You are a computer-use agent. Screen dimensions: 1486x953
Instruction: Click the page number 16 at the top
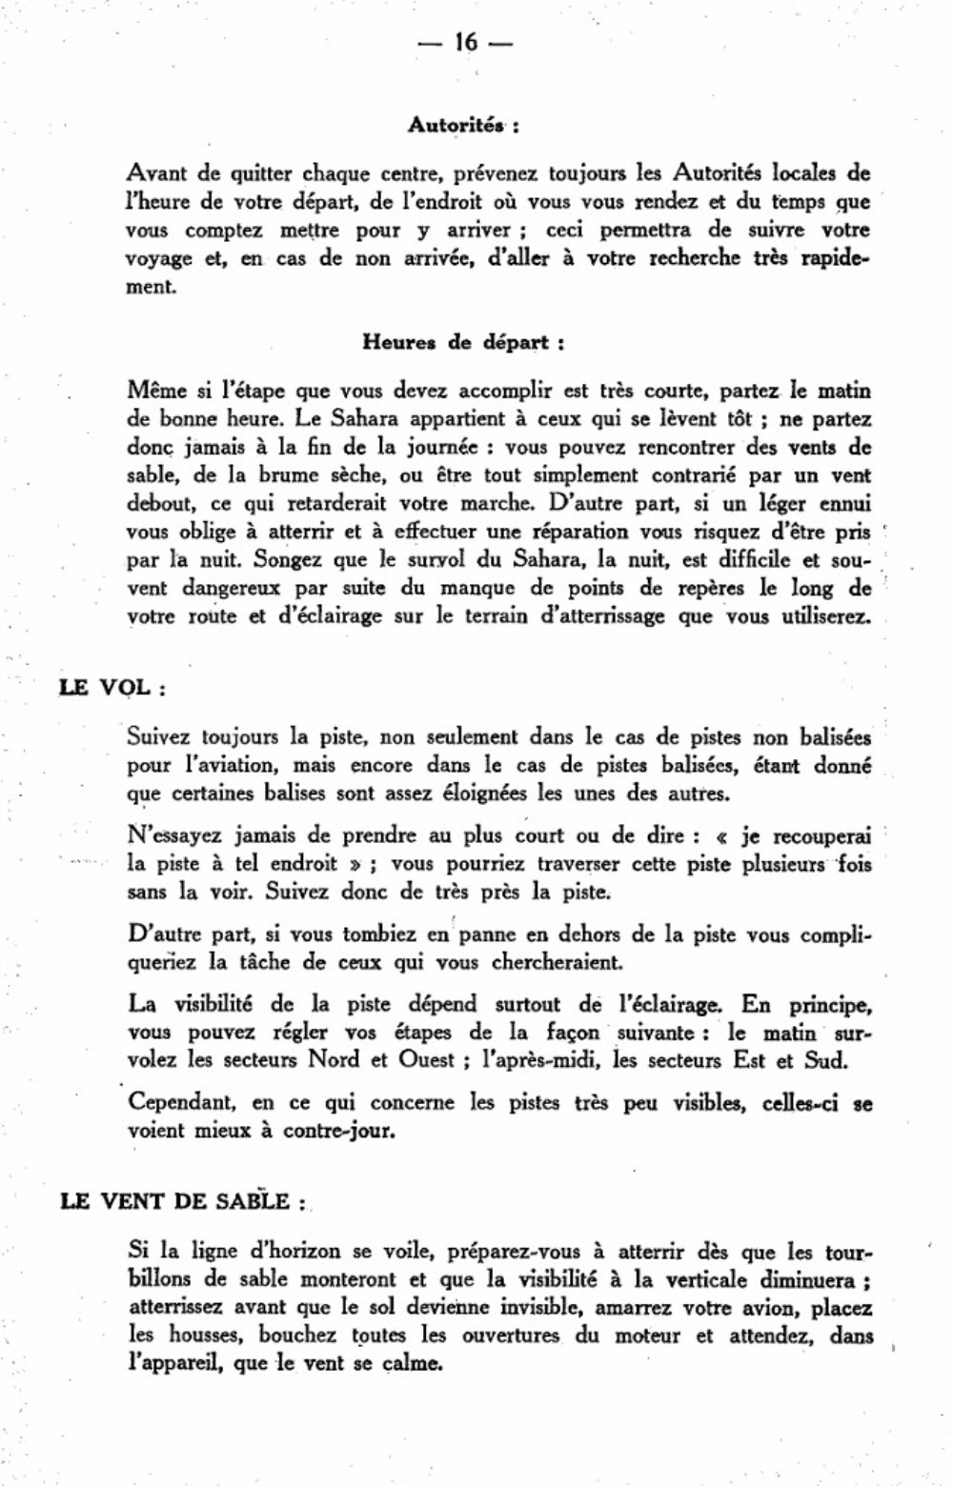(465, 43)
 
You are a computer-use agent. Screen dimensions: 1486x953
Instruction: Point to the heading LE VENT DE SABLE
(181, 1201)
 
